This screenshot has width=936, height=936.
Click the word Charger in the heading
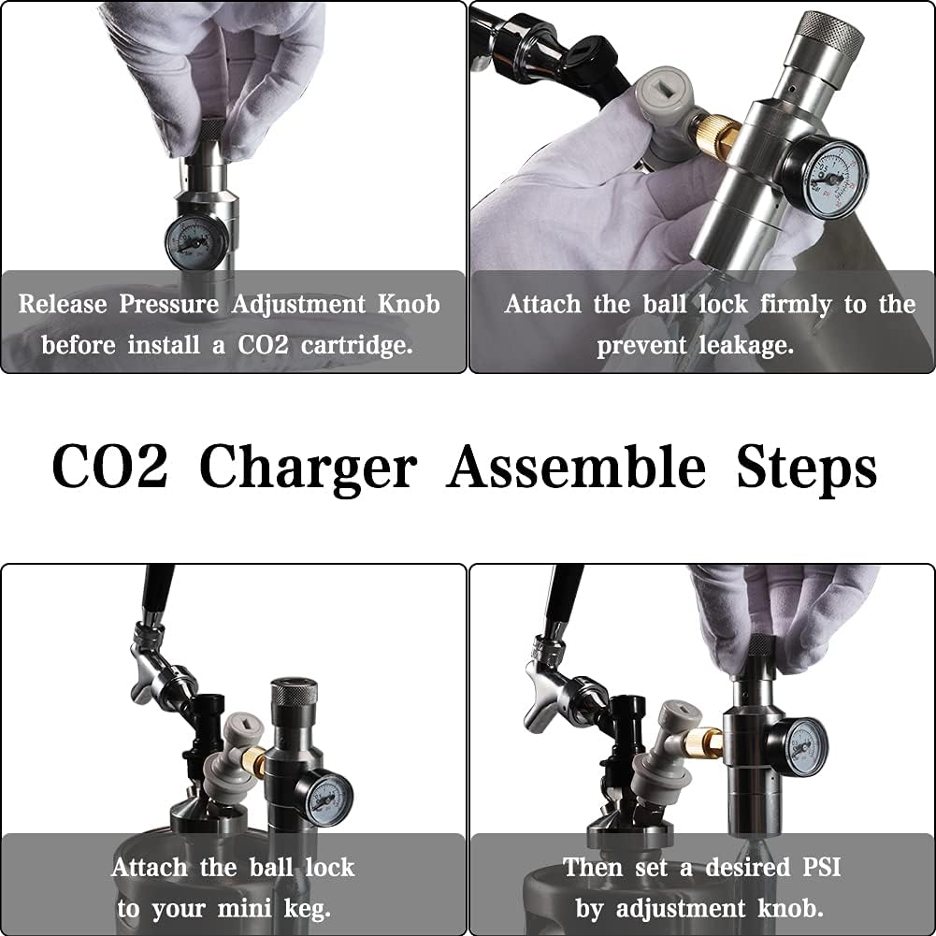coord(308,467)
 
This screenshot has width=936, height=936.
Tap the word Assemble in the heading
coord(575,467)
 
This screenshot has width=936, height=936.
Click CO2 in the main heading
coord(109,467)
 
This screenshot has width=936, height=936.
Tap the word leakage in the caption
coord(747,345)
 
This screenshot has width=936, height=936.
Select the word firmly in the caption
coord(791,304)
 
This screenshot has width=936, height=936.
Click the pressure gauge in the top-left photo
coord(196,241)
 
